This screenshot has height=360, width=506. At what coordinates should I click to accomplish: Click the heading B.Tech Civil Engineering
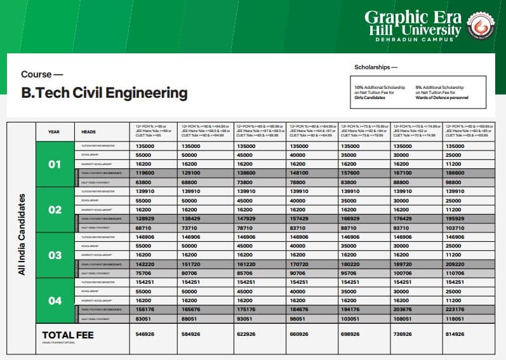point(104,93)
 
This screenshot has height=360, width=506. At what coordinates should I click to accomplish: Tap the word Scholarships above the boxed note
point(375,67)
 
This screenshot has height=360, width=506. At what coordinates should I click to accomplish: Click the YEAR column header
point(54,131)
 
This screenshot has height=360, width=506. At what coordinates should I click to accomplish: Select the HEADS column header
point(88,131)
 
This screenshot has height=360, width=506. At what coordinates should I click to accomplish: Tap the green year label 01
point(55,164)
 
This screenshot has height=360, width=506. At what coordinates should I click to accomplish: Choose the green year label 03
point(55,255)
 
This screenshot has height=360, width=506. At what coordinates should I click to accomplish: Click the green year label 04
point(55,300)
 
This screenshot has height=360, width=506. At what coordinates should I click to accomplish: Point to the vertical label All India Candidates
point(22,234)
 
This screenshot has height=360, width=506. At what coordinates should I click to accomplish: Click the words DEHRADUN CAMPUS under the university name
point(413,39)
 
